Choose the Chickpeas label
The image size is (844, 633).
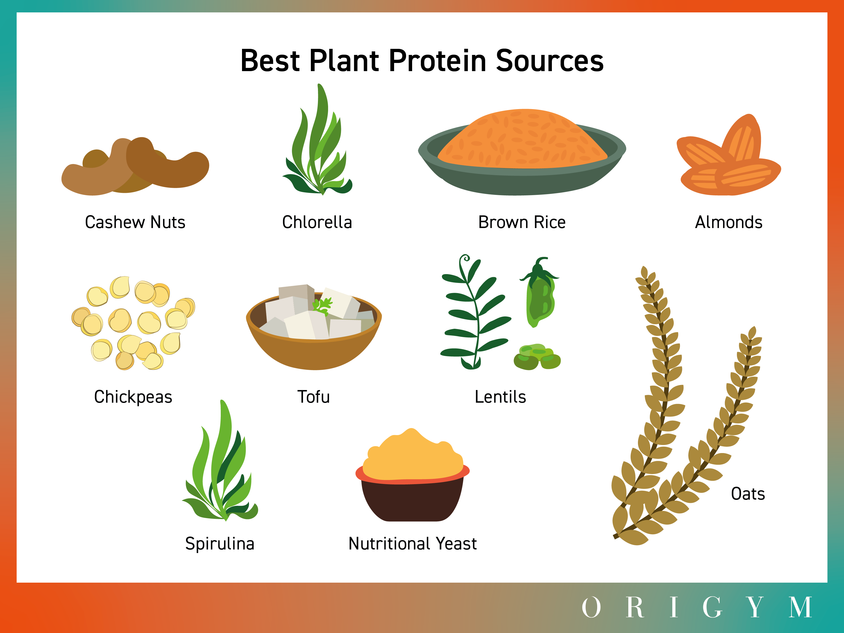click(133, 397)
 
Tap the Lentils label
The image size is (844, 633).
click(500, 397)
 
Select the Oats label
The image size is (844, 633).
click(748, 494)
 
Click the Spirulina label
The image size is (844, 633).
click(220, 544)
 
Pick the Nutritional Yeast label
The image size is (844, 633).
click(412, 544)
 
